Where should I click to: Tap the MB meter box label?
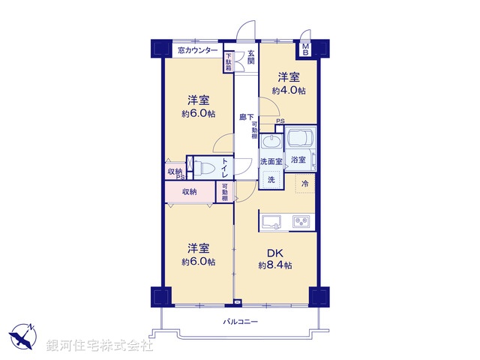pos(306,49)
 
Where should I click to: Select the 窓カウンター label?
pos(198,51)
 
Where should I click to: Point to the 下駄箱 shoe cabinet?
pos(228,61)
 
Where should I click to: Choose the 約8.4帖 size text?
pos(275,265)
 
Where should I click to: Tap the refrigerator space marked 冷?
pos(305,183)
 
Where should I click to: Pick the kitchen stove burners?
pos(301,221)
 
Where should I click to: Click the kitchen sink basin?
pos(271,221)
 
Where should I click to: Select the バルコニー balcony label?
pos(240,321)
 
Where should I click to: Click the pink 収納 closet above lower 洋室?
pos(190,192)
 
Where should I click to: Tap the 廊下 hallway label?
pos(246,116)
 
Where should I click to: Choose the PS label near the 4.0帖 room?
pos(280,121)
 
